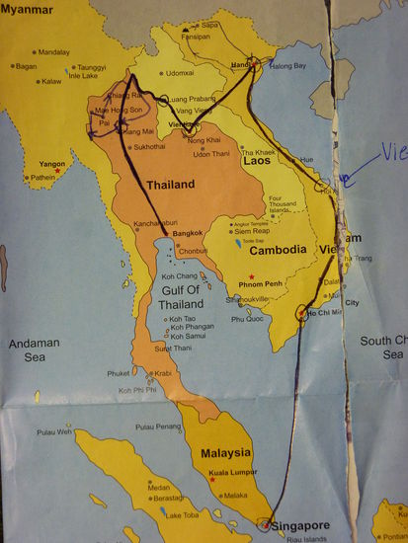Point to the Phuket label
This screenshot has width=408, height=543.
[x=119, y=372]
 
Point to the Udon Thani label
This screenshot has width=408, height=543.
[x=209, y=153]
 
